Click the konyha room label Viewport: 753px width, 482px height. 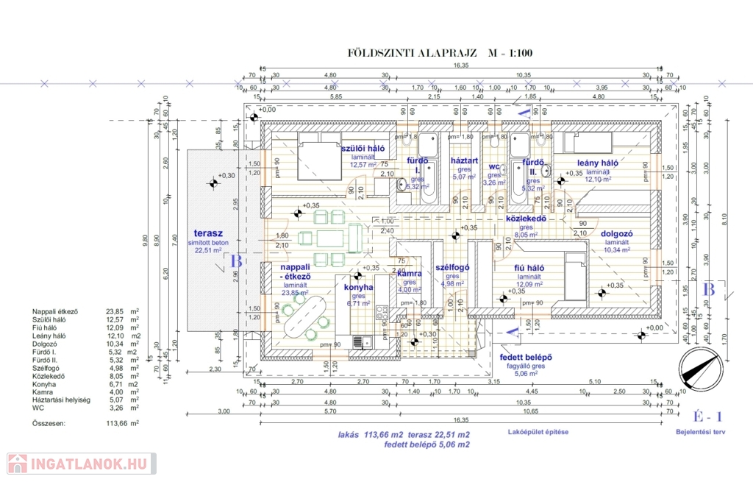point(358,287)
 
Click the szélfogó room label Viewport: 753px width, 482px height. point(452,267)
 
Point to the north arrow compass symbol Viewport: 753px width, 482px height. point(701,367)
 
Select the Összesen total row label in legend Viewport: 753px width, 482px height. point(50,424)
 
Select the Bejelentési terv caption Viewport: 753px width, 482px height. point(700,433)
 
